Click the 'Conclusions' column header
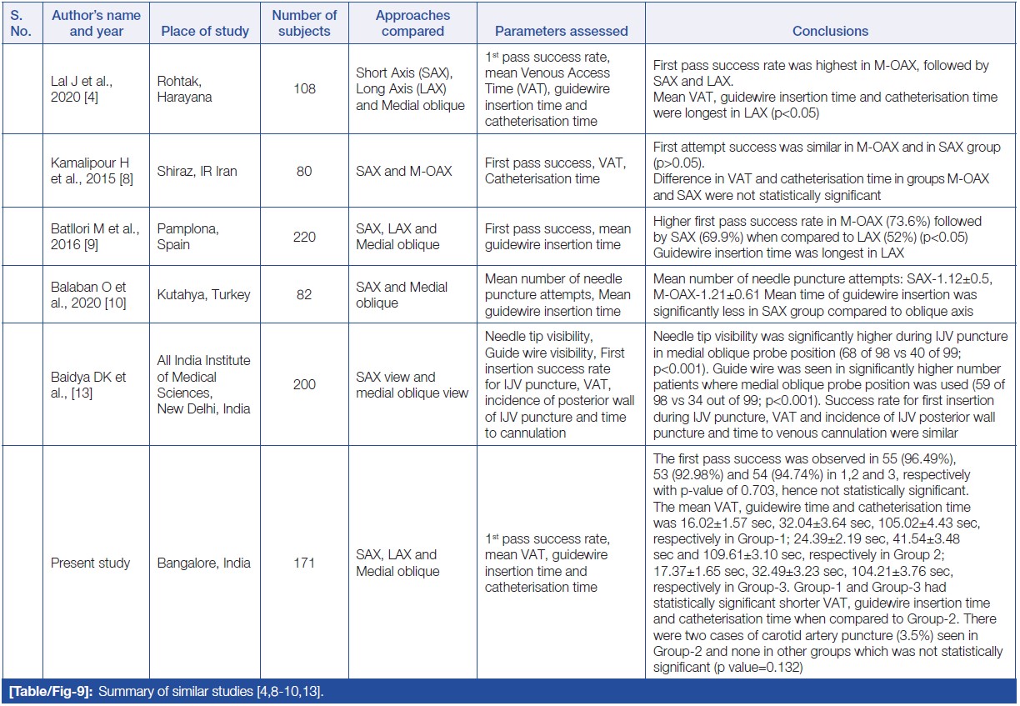830,31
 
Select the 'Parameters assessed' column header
561,31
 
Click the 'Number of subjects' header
305,23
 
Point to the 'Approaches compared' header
412,23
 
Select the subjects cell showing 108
305,88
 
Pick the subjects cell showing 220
305,237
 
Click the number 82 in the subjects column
305,295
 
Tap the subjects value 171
305,563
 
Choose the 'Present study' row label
91,563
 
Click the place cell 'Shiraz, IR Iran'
197,171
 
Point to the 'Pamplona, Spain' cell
184,237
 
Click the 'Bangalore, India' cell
203,563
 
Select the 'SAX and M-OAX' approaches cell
403,171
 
